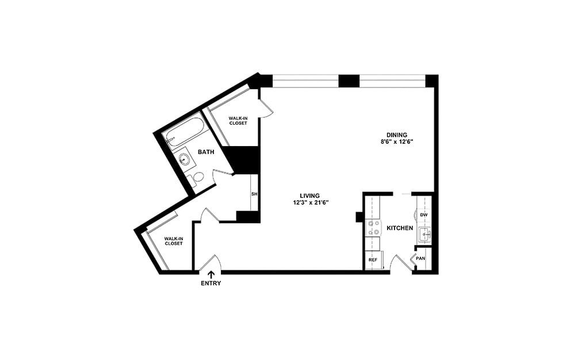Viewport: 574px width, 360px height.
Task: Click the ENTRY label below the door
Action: tap(211, 284)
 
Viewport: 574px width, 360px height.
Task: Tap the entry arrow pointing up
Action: tap(211, 274)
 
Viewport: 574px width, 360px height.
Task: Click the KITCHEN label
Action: tap(400, 228)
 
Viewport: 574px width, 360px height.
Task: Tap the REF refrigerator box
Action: tap(373, 260)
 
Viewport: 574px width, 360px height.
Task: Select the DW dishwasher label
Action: tap(424, 215)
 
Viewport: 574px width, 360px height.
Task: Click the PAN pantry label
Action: tap(421, 259)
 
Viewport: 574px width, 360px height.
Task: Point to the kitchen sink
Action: tap(424, 233)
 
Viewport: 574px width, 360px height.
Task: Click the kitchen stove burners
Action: tap(373, 228)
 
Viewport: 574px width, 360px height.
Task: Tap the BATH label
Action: tap(206, 152)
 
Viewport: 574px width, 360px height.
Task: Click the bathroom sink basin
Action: tap(185, 159)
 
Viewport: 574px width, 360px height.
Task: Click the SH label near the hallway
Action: tap(254, 194)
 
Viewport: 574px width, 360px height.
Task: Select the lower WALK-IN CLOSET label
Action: tap(173, 241)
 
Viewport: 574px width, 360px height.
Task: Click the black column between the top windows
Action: tap(349, 81)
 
